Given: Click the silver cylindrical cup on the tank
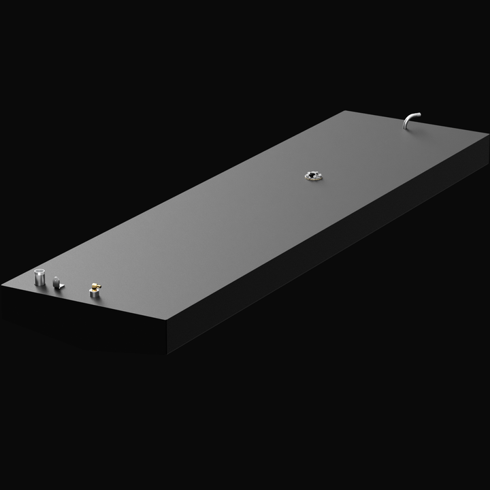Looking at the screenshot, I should coord(40,278).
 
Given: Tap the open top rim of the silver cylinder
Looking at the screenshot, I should coord(40,273).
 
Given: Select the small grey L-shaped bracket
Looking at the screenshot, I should coord(58,282).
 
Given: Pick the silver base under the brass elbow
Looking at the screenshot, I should coord(93,294).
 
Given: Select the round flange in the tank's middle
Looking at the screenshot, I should coord(313,176).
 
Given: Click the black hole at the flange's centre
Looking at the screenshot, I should coord(313,176).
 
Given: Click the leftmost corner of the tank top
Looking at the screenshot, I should coord(2,287).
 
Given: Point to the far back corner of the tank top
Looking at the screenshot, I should coord(347,110).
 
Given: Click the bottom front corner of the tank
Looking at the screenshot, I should coord(167,353).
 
